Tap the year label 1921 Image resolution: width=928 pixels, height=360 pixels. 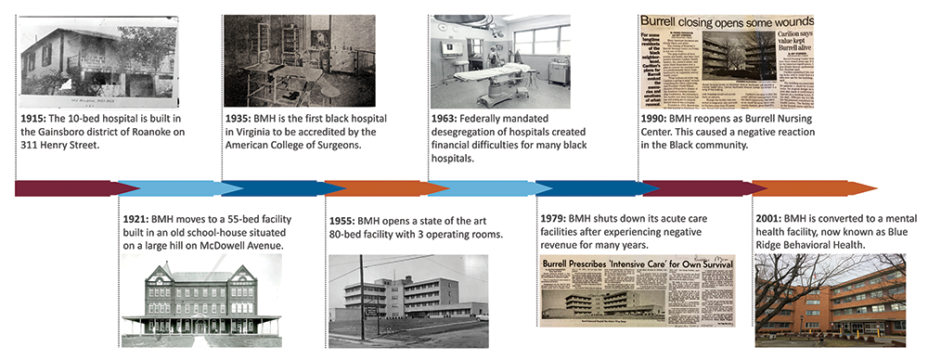point(137,219)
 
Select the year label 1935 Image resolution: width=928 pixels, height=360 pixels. point(238,121)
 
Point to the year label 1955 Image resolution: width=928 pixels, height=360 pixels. point(342,221)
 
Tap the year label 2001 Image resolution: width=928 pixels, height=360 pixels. point(772,219)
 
